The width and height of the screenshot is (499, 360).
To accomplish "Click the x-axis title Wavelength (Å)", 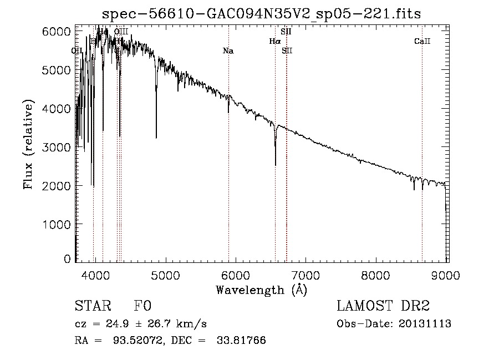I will pos(261,290).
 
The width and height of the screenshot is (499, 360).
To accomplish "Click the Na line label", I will pos(228,51).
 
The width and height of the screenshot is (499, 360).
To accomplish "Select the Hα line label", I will pos(275,41).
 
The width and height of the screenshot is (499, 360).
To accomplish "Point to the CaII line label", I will pos(422,42).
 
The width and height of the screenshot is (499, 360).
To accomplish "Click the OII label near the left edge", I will pos(78,51).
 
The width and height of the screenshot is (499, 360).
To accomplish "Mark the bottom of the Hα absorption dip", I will pos(276,165).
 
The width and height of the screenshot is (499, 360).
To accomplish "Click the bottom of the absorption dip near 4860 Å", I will pos(156,138).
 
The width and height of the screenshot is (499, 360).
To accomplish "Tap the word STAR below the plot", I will pos(91,306).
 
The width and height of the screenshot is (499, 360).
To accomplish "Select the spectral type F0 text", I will pos(142,306).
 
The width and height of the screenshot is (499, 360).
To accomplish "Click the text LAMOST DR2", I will pos(383,306).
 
